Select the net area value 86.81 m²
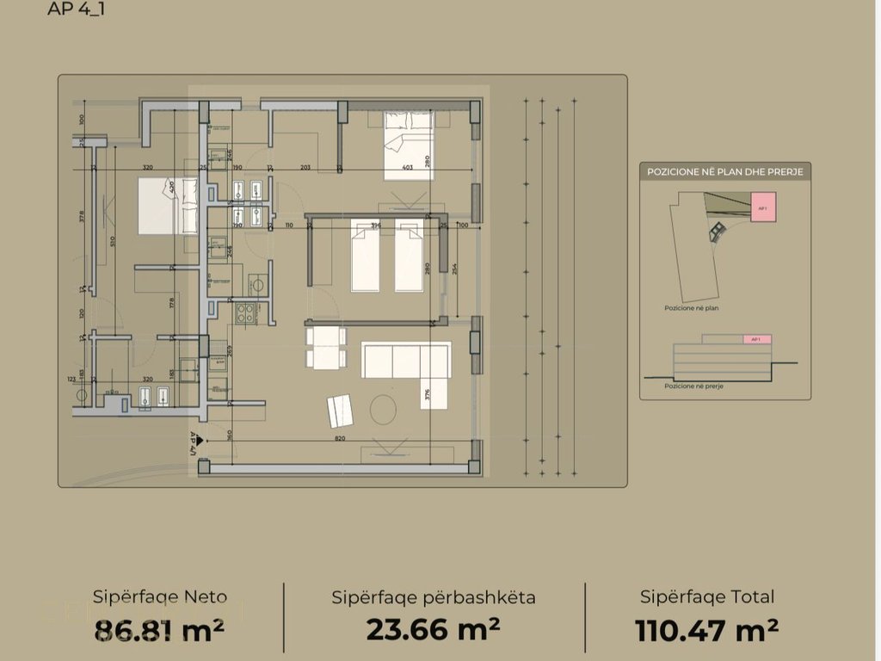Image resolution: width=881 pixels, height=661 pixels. coord(159,630)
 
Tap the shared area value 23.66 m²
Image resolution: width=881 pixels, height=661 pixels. coord(433,630)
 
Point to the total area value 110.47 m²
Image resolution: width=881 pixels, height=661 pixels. coord(707,630)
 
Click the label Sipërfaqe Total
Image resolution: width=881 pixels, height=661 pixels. coord(707,596)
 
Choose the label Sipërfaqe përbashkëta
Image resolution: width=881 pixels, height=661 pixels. coord(434,596)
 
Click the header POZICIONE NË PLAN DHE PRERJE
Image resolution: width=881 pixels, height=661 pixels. coord(724,172)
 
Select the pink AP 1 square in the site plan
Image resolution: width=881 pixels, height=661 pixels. coord(762,208)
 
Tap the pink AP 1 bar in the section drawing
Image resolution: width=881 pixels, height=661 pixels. coord(757,340)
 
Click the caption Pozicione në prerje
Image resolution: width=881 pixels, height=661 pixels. coord(693,386)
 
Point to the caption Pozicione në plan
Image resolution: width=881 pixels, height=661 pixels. coord(691,307)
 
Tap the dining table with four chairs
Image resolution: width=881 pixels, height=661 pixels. coord(326,348)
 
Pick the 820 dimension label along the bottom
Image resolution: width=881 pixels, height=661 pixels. coord(340,438)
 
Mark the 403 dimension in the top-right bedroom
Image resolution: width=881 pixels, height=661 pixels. coord(407,169)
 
